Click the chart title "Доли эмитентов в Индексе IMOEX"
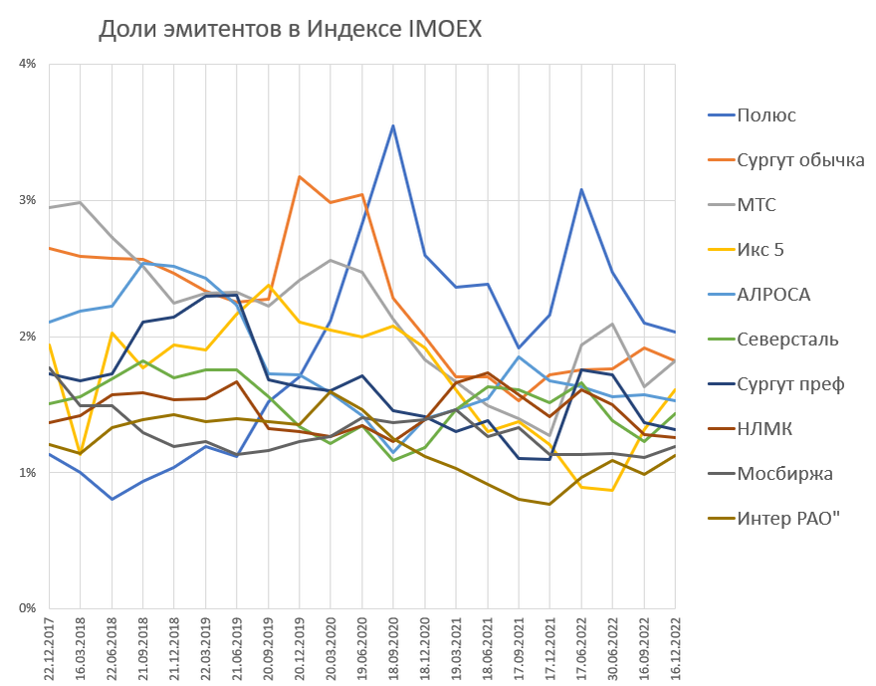point(290,30)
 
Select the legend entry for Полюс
point(766,115)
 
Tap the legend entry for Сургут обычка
point(800,160)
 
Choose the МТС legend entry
point(757,205)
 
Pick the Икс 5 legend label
point(761,250)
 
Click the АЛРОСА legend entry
point(773,295)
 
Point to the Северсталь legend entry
point(787,340)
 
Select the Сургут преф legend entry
point(790,384)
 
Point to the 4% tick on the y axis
point(27,64)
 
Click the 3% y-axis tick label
point(27,200)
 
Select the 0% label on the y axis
point(27,608)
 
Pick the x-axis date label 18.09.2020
point(394,647)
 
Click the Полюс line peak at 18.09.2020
point(394,125)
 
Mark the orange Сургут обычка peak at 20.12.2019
point(300,176)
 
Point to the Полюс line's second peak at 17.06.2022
point(581,189)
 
